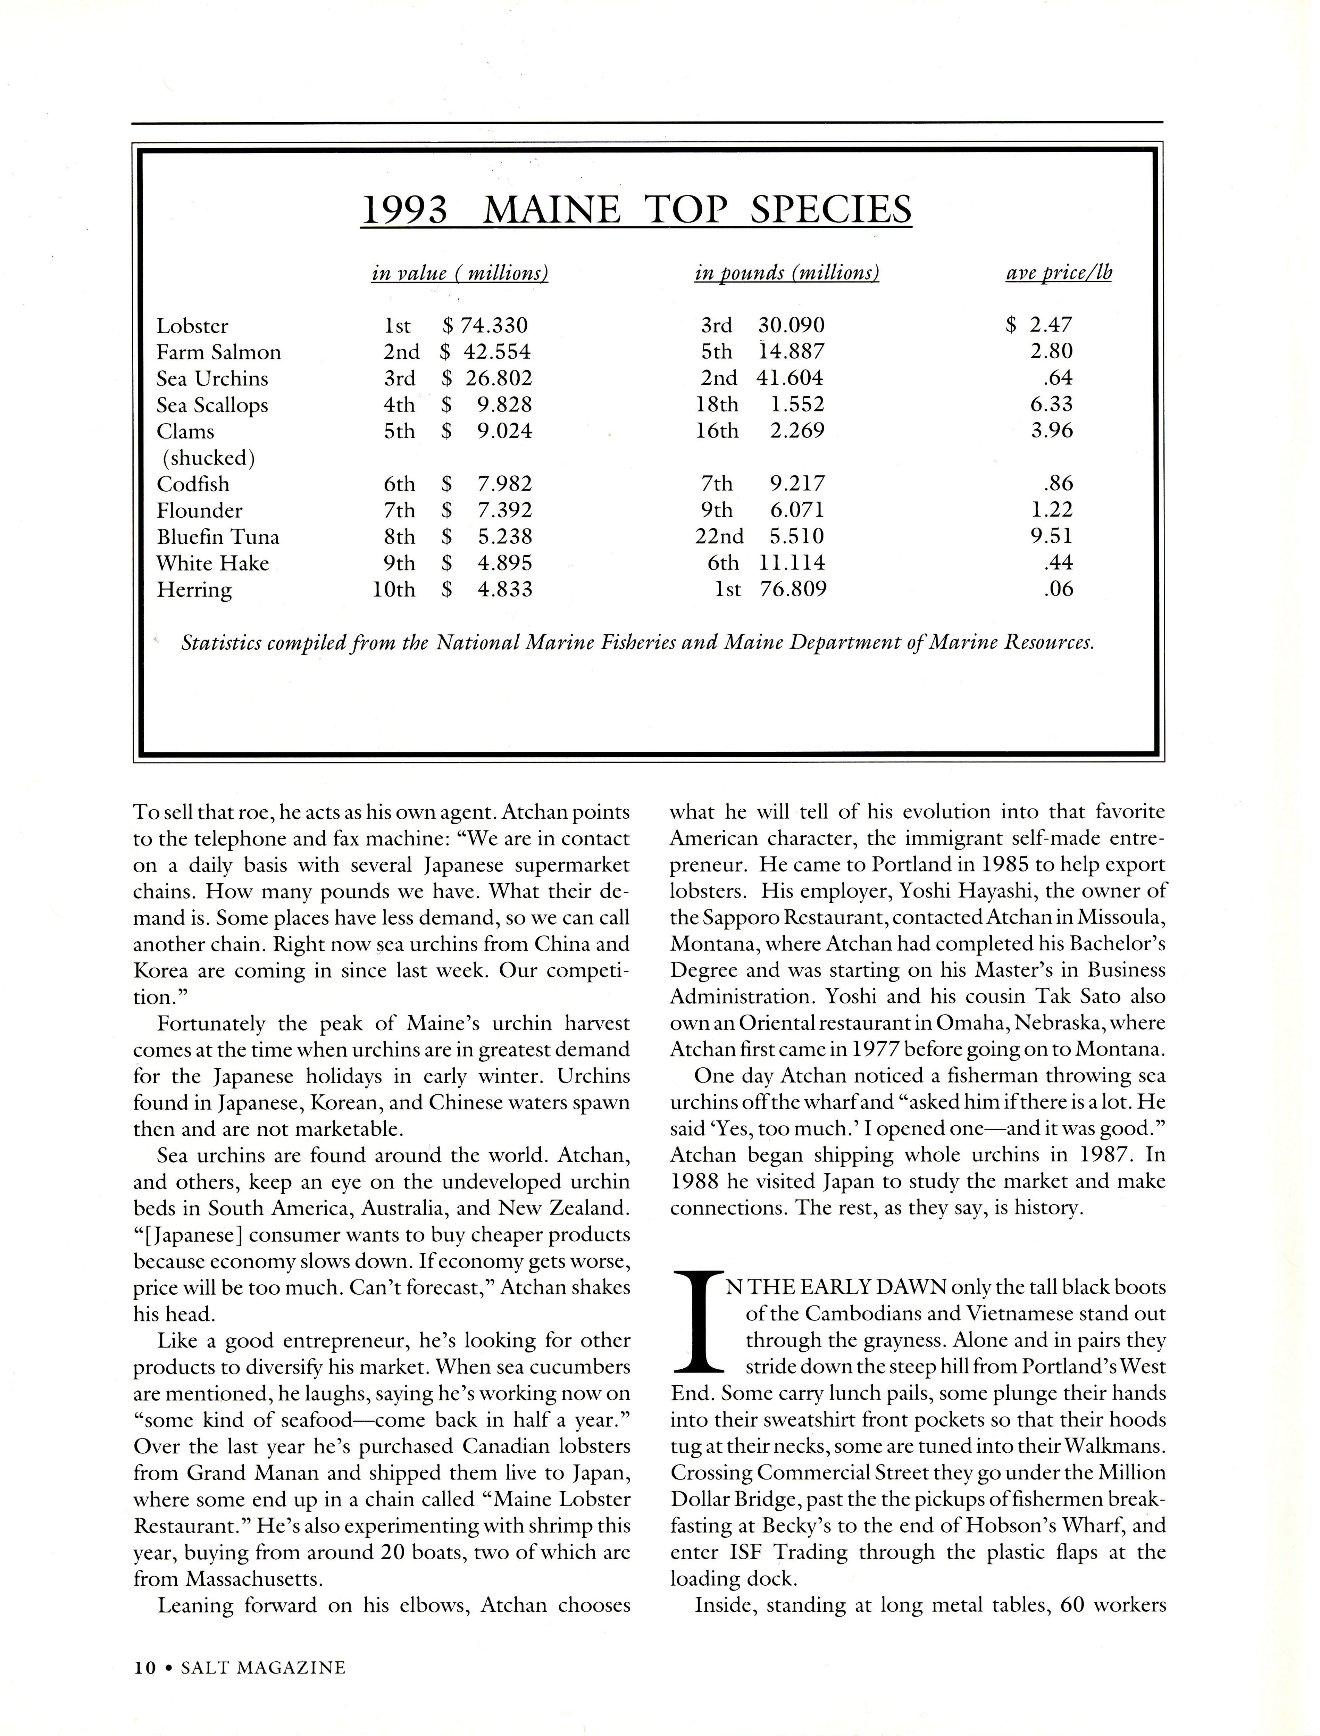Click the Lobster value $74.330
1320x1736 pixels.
[x=486, y=325]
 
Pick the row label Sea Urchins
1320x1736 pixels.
[x=212, y=378]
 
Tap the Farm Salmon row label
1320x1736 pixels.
[x=218, y=352]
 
